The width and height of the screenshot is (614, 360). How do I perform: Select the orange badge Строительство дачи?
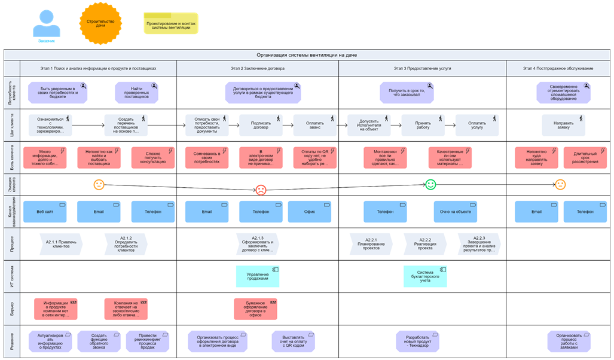tap(100, 23)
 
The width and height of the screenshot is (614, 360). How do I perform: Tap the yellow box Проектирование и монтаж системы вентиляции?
tap(170, 24)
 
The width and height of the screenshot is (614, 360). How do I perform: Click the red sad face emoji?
tap(261, 190)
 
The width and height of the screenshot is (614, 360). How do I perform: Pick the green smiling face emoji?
tap(430, 184)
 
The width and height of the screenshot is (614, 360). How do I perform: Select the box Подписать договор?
tap(261, 126)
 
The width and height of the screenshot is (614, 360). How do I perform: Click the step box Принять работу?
tap(423, 126)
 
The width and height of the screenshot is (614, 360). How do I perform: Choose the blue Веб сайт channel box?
tap(45, 212)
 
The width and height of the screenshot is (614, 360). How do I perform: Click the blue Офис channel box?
tap(309, 212)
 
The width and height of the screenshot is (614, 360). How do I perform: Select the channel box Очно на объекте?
tap(455, 212)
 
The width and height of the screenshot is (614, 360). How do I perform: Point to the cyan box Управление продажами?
tap(258, 276)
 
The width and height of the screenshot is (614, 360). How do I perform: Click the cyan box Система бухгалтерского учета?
tap(424, 276)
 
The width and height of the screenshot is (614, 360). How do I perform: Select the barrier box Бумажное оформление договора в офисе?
tap(255, 309)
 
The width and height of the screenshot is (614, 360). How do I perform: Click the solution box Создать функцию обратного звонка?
tap(99, 341)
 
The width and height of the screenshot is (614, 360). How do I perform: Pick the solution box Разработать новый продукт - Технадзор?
tap(417, 341)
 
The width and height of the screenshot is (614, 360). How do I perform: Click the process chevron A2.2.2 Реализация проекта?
tap(425, 244)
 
